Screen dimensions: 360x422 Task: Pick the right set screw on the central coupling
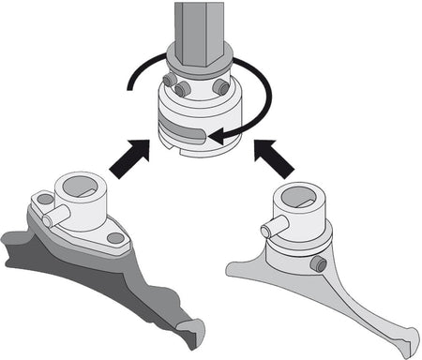221,86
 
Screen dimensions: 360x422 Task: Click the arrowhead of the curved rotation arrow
218,139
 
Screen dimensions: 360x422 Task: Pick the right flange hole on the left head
115,238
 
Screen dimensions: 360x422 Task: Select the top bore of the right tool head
300,197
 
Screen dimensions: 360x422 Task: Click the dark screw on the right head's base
322,265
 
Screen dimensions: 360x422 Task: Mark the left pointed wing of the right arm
234,272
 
